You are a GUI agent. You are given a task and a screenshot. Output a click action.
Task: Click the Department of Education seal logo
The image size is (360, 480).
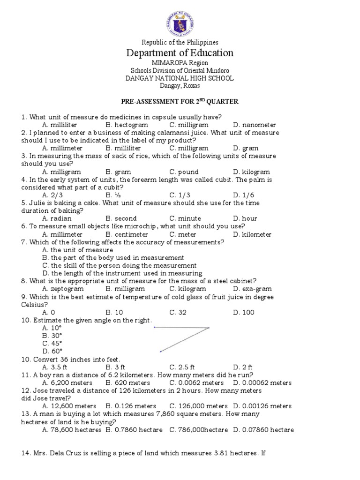click(x=180, y=20)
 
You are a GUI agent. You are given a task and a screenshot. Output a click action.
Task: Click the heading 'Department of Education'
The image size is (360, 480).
click(x=180, y=52)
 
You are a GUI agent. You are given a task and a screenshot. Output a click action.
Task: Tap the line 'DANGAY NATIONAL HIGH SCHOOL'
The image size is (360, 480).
click(x=180, y=78)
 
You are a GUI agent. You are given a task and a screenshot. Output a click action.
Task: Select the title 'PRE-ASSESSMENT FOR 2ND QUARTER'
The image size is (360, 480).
click(x=180, y=102)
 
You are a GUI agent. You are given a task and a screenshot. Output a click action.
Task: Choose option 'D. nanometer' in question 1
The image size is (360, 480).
click(x=255, y=125)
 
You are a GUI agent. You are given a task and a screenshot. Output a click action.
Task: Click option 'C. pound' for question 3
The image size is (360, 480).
click(x=184, y=172)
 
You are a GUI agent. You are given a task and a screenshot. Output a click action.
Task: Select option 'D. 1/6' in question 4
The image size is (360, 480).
click(x=243, y=195)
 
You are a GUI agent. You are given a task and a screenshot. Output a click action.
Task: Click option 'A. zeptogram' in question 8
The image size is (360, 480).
click(x=63, y=289)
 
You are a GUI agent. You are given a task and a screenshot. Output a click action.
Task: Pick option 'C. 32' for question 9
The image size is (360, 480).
click(x=179, y=312)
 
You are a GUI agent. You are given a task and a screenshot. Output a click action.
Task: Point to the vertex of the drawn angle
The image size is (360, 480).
click(x=209, y=328)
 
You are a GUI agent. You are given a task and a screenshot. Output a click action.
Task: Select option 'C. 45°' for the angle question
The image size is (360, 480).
click(x=52, y=343)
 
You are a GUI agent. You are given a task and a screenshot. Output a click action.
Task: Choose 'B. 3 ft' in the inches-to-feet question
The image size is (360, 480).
click(x=115, y=367)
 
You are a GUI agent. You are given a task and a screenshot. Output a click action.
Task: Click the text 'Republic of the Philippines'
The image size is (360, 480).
click(x=180, y=42)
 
